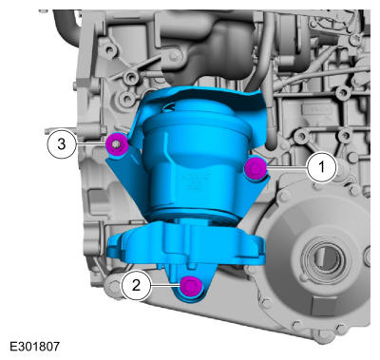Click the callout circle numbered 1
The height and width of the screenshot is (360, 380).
coord(322,167)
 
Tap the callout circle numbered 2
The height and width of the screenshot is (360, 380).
coord(136,285)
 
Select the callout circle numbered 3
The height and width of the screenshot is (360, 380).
coord(62,144)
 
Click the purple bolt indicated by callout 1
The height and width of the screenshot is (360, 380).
coord(255,168)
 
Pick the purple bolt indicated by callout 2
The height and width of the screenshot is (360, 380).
coord(190,286)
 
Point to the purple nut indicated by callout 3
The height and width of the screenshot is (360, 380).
coord(117,144)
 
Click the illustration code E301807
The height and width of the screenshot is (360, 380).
coord(34,346)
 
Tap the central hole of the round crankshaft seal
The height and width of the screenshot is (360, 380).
coord(325,257)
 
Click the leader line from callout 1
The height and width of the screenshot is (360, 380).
coord(286,167)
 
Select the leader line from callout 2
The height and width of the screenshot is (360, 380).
coord(165,285)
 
